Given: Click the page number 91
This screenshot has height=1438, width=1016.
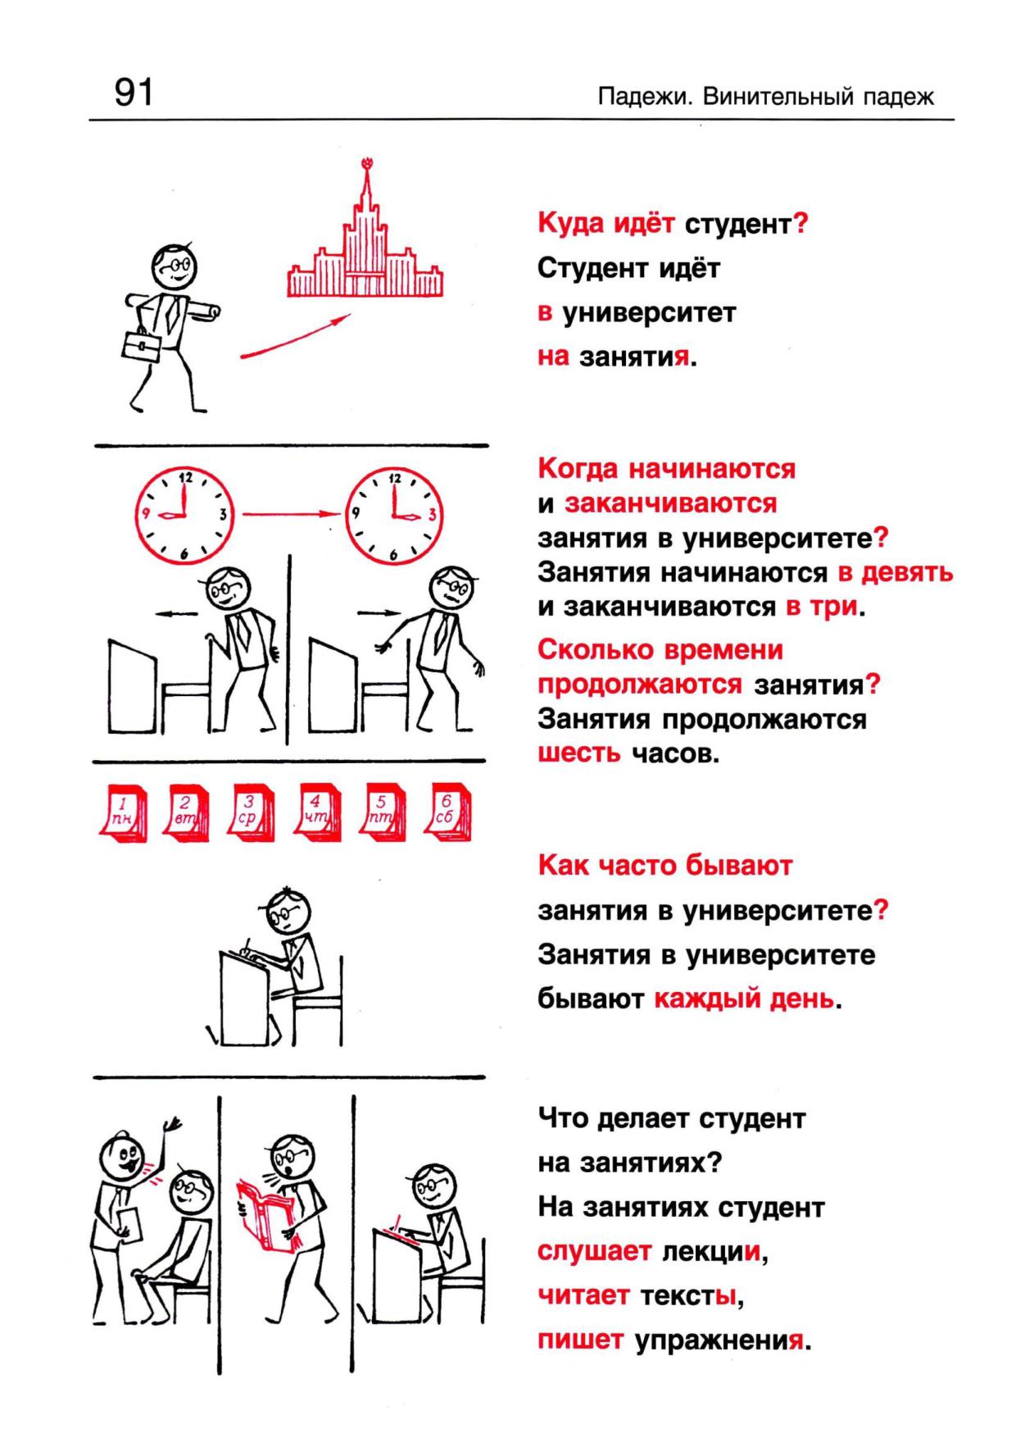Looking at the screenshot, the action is pos(134,93).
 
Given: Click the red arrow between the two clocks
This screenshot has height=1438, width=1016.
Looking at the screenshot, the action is pos(290,514).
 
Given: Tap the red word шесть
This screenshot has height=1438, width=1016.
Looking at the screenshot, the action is pos(579,753).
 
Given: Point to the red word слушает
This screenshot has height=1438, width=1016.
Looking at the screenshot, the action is pos(594,1252).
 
